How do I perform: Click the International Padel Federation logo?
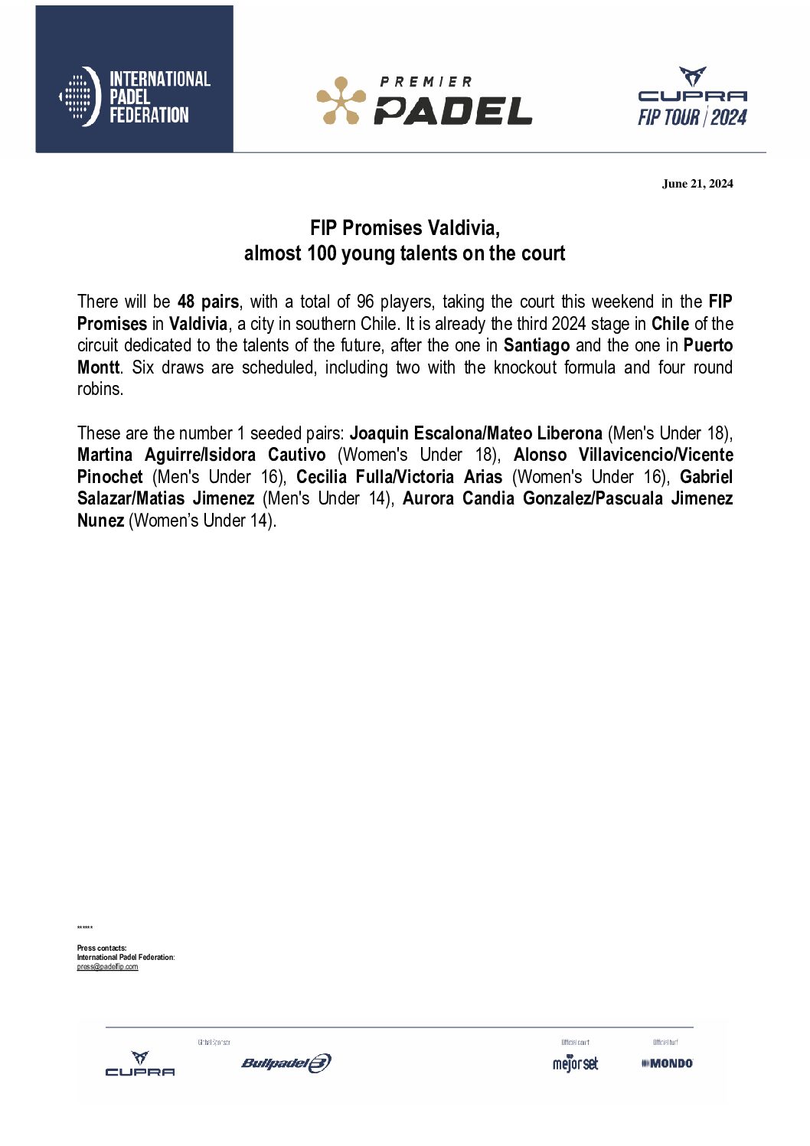click(x=135, y=97)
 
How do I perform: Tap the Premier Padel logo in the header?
click(x=424, y=100)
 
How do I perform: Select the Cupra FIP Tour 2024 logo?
click(x=692, y=96)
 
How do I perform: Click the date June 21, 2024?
click(x=697, y=184)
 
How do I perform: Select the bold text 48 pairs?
click(x=207, y=302)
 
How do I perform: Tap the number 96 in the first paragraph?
click(x=365, y=302)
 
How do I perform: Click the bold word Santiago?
click(x=536, y=345)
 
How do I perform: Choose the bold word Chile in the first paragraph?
click(x=670, y=324)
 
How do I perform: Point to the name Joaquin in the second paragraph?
click(x=378, y=433)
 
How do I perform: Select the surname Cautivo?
click(x=296, y=455)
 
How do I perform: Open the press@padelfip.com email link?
click(x=107, y=967)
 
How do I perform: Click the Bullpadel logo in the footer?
click(x=286, y=1063)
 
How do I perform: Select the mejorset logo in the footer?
click(x=575, y=1063)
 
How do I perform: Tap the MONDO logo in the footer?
click(x=667, y=1063)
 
